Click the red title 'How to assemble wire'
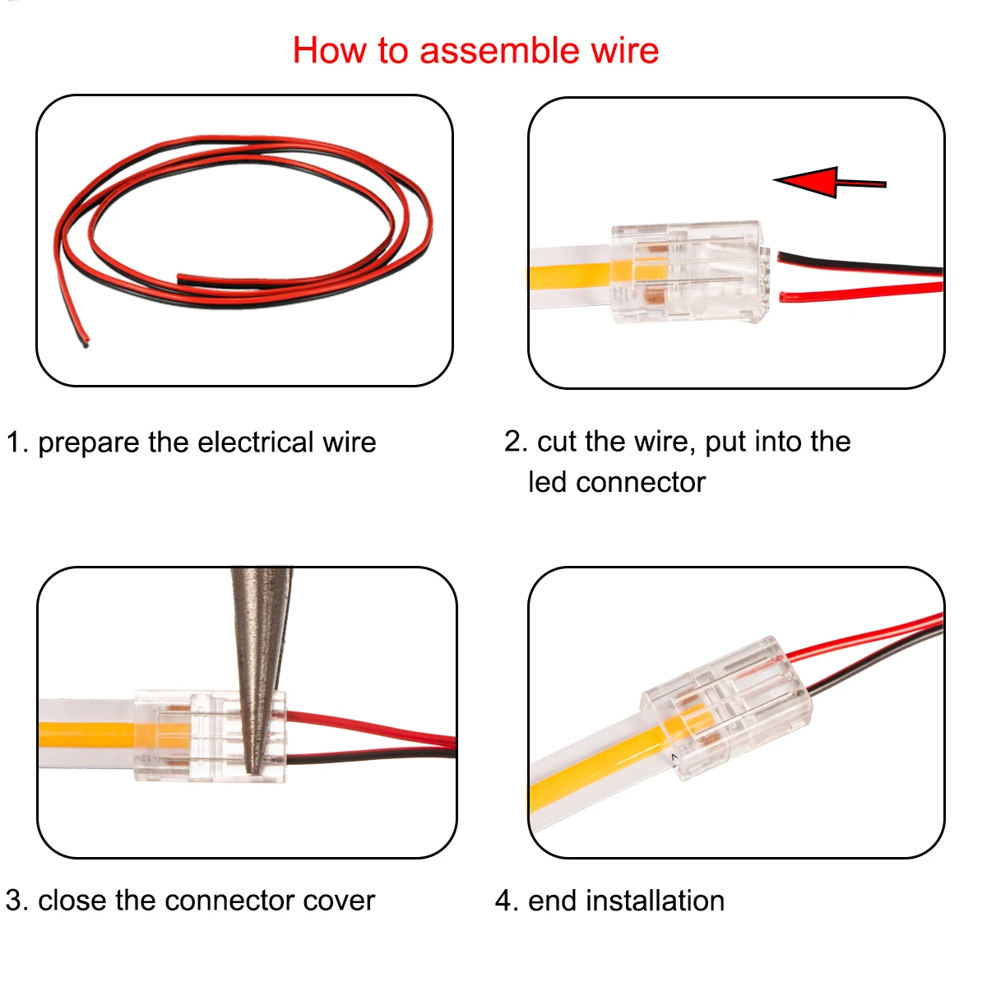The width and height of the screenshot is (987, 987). [x=475, y=51]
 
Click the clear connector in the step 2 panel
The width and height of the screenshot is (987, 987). [x=687, y=271]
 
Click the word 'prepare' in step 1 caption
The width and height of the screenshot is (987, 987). [x=89, y=443]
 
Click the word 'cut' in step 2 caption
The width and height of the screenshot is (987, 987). [x=557, y=442]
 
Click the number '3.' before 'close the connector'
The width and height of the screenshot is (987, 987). [x=17, y=901]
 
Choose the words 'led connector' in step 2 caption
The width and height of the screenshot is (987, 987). [x=617, y=483]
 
